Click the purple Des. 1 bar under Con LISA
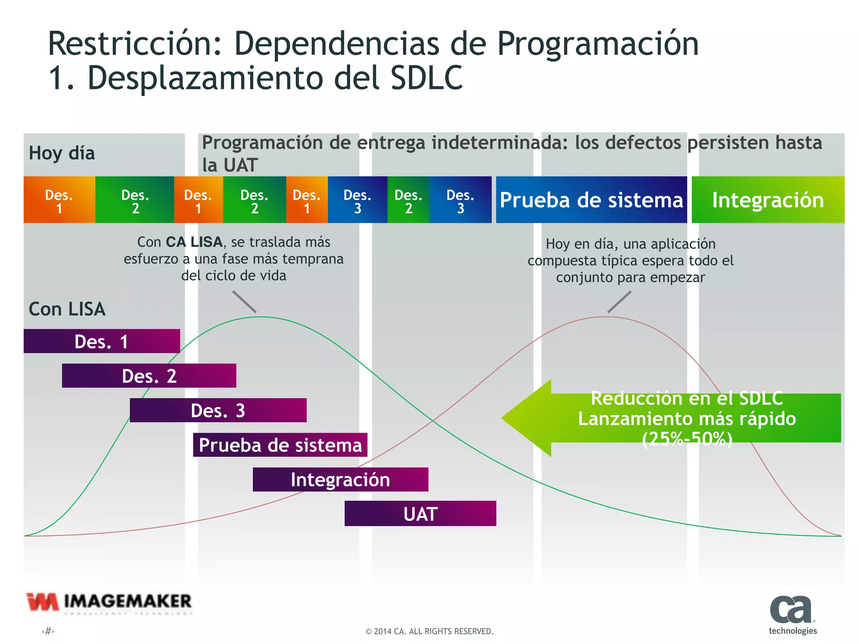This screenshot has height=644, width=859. coord(102,341)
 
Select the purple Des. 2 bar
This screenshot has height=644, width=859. coord(149,376)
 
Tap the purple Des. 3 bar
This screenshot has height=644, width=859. coord(218,410)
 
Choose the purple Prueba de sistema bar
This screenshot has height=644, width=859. coord(280,445)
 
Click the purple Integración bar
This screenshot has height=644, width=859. coord(340,479)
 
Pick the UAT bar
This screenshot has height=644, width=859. coord(420,514)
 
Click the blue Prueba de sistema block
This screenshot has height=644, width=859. coord(591,200)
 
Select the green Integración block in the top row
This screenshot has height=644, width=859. coord(768,200)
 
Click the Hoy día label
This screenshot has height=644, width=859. coord(62,153)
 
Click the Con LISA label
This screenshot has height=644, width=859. coord(67,309)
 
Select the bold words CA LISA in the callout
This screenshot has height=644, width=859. coord(194,242)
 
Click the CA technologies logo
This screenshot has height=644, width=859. coord(792,615)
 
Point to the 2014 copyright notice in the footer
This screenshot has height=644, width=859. coord(429,631)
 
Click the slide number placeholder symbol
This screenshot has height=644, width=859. coord(48,631)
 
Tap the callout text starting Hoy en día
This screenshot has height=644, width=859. coord(630,260)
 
